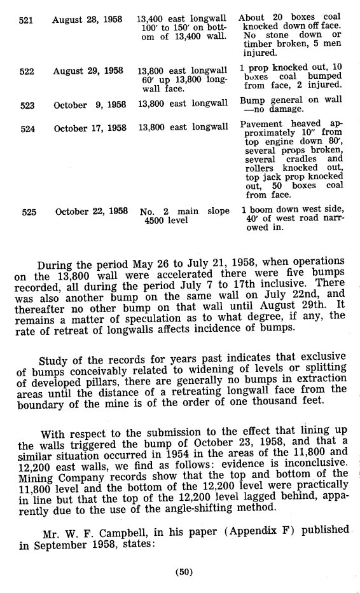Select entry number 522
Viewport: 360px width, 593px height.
click(26, 71)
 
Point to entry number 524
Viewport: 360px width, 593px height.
click(26, 128)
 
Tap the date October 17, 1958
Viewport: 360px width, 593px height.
click(90, 128)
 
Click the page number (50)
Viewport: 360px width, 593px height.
click(184, 571)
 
